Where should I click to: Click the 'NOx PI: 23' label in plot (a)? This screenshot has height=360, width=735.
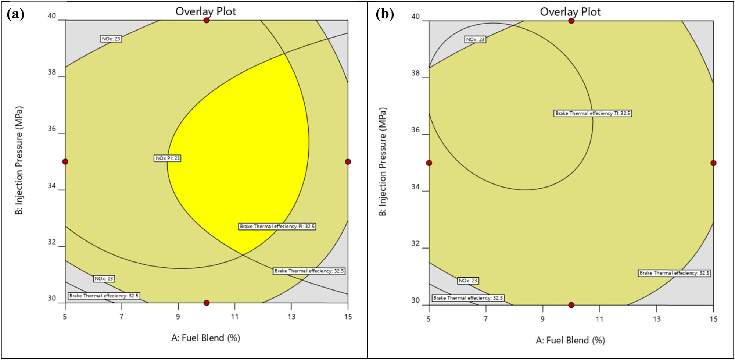[x=167, y=158]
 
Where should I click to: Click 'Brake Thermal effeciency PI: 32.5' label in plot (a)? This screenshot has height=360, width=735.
[x=277, y=226]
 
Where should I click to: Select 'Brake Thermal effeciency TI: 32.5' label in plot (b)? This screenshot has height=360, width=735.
[x=592, y=113]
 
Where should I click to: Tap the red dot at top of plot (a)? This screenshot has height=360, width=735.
[x=207, y=20]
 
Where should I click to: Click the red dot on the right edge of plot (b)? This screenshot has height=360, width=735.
[x=713, y=163]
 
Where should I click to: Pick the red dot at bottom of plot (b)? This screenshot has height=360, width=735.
[x=571, y=305]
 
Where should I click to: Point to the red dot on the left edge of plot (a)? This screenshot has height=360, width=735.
[x=65, y=161]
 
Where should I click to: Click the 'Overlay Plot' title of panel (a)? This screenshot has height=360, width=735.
[x=206, y=11]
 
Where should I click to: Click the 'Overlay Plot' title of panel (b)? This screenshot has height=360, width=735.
[x=570, y=12]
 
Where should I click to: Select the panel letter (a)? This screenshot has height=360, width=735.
[x=15, y=14]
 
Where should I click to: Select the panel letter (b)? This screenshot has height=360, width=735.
[x=385, y=14]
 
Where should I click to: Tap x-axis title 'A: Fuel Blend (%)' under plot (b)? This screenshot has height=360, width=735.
[x=570, y=340]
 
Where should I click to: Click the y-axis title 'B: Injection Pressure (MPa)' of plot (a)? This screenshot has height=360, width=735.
[x=19, y=160]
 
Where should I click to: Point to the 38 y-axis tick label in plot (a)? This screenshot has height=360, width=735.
[x=52, y=72]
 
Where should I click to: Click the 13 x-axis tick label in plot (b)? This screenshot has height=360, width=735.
[x=657, y=319]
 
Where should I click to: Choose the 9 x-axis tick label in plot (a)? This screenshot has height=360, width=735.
[x=178, y=317]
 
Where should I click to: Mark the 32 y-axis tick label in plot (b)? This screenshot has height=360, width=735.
[x=415, y=243]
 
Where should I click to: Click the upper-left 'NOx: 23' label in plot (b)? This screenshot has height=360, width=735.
[x=475, y=39]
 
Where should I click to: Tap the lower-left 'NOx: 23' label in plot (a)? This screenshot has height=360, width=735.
[x=104, y=279]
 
